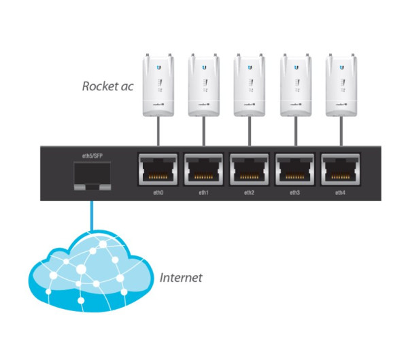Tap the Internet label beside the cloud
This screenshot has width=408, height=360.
point(181,278)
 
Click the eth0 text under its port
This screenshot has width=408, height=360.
point(158,193)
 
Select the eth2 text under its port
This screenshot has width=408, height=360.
point(249,193)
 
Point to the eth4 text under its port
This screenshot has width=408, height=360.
point(340,193)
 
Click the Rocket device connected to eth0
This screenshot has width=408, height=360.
point(158,85)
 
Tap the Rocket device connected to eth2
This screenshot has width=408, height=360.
point(249,85)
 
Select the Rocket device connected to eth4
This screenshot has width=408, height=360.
point(340,85)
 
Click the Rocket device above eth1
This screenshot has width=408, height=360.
point(203,85)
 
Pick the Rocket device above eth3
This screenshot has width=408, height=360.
point(294,85)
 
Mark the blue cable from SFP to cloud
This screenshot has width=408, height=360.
point(88,217)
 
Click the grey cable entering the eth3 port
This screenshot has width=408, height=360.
point(294,132)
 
